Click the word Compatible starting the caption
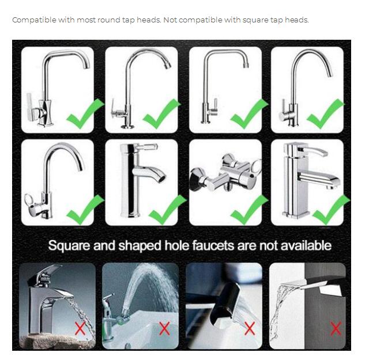[28, 20]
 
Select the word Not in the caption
[171, 20]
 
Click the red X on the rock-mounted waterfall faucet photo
[80, 329]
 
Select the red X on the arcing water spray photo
[164, 329]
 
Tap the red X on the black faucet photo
[249, 329]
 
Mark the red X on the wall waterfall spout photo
[335, 329]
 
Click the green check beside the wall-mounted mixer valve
[249, 209]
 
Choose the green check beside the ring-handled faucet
[85, 209]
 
